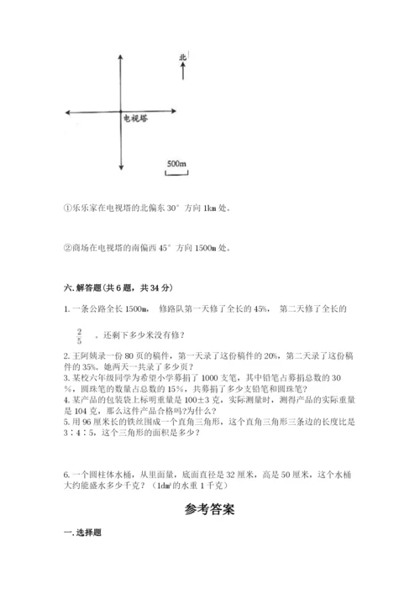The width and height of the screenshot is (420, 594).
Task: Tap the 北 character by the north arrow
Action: tap(182, 57)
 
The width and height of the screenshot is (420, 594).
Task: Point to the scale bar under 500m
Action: tap(176, 173)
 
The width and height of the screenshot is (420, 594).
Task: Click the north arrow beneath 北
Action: tap(182, 71)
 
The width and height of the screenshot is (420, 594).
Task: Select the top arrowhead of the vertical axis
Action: tap(123, 52)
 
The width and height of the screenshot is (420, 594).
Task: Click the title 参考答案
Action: tap(210, 509)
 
